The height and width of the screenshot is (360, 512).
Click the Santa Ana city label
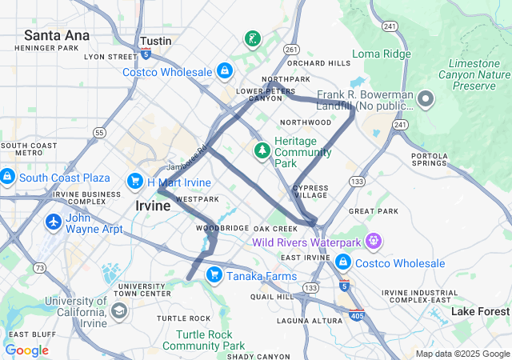(x=56, y=34)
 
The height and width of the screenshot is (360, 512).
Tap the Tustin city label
(x=155, y=40)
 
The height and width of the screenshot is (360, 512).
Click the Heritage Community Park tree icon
(x=262, y=150)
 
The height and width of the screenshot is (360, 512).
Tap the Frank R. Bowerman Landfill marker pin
(x=426, y=100)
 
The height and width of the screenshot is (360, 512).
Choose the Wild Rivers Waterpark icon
(x=373, y=241)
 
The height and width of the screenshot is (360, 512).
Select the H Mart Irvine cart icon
(x=135, y=182)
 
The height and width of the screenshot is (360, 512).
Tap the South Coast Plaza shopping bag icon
(x=7, y=176)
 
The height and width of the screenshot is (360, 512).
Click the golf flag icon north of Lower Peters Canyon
(x=253, y=39)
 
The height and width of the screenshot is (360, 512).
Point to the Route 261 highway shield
(x=291, y=50)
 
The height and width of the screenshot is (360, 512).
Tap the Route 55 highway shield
(x=98, y=132)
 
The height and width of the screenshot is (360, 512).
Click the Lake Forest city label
(x=480, y=311)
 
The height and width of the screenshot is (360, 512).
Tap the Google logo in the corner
(x=26, y=350)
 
